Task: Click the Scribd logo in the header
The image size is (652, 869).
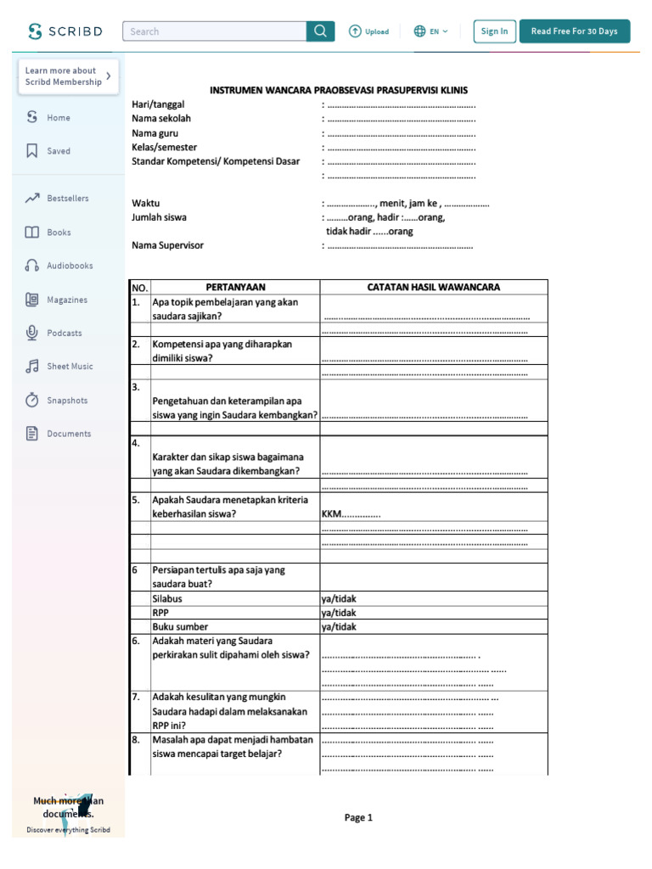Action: click(x=65, y=31)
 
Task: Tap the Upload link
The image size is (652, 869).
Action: click(x=368, y=31)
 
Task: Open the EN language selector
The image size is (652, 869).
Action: click(x=430, y=31)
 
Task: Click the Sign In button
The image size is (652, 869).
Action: click(x=494, y=31)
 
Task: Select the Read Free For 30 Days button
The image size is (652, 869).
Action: click(x=574, y=31)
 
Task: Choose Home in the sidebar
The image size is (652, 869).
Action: click(x=58, y=118)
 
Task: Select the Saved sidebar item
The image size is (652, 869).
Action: click(x=58, y=151)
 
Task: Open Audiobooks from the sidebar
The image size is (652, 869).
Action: click(x=69, y=266)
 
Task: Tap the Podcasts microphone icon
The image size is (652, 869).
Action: click(x=32, y=333)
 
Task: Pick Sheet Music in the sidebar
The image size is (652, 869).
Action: click(x=69, y=367)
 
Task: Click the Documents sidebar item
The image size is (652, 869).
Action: click(x=68, y=434)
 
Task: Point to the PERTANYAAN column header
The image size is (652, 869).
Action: click(x=235, y=287)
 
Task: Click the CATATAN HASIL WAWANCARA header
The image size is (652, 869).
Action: click(x=433, y=287)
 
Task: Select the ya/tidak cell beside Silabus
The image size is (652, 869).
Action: click(x=339, y=598)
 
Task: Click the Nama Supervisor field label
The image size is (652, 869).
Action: click(x=167, y=245)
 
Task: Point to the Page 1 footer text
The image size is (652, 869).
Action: click(x=358, y=817)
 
